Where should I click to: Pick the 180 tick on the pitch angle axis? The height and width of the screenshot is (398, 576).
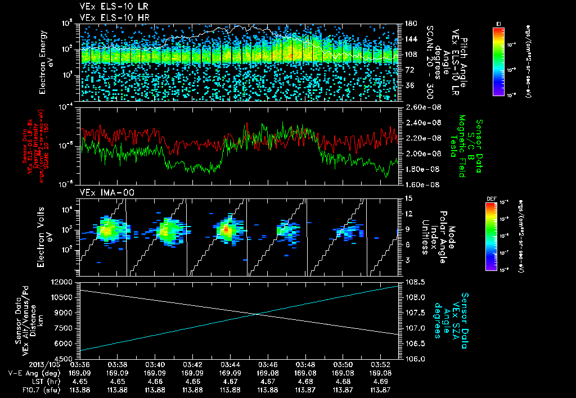[410, 24]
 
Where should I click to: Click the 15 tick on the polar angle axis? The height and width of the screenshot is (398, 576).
[408, 198]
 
